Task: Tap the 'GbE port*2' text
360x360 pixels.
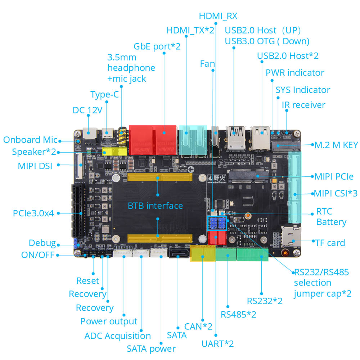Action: [x=157, y=46]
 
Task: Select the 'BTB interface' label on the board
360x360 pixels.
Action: [x=155, y=206]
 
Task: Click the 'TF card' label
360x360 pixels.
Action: [x=330, y=243]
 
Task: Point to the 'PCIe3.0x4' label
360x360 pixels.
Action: [x=33, y=213]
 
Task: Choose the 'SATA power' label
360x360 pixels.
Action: [x=151, y=348]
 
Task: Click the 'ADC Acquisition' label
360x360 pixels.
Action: [x=117, y=336]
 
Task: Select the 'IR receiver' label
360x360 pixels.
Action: [x=303, y=105]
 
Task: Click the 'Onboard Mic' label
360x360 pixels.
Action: [x=30, y=140]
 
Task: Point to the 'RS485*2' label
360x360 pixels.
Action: [x=238, y=314]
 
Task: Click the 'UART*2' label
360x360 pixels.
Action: [x=217, y=343]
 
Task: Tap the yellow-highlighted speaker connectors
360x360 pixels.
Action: [x=115, y=152]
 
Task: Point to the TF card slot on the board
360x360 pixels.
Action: [x=291, y=237]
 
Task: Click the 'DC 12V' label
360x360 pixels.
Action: [x=87, y=110]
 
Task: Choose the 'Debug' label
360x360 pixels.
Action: [x=42, y=243]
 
